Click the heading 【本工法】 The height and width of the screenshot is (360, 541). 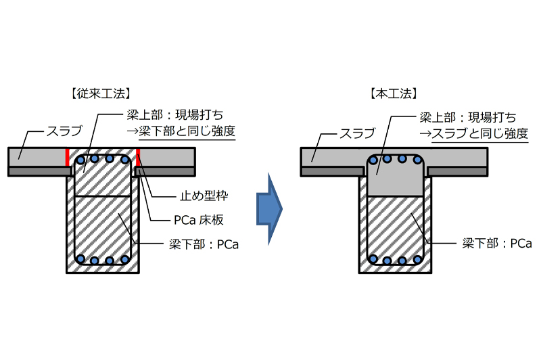click(x=393, y=92)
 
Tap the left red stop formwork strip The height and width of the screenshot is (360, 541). click(x=67, y=157)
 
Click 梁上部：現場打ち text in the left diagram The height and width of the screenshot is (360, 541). click(x=181, y=116)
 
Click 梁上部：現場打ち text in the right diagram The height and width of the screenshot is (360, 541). click(x=472, y=116)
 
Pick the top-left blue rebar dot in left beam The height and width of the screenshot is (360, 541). click(x=80, y=160)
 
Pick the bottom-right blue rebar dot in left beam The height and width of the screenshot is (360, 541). click(x=125, y=260)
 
